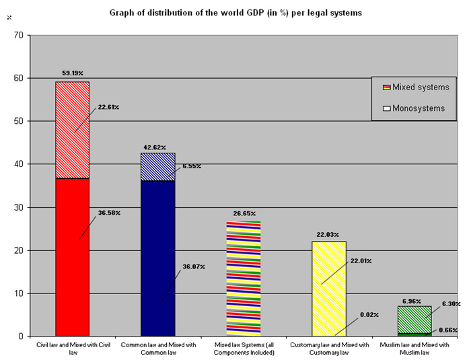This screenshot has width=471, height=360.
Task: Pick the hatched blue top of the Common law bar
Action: (157, 167)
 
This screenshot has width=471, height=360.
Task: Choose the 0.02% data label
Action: (369, 314)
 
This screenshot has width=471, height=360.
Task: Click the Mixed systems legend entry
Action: (417, 87)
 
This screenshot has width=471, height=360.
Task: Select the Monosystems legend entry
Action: (417, 108)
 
